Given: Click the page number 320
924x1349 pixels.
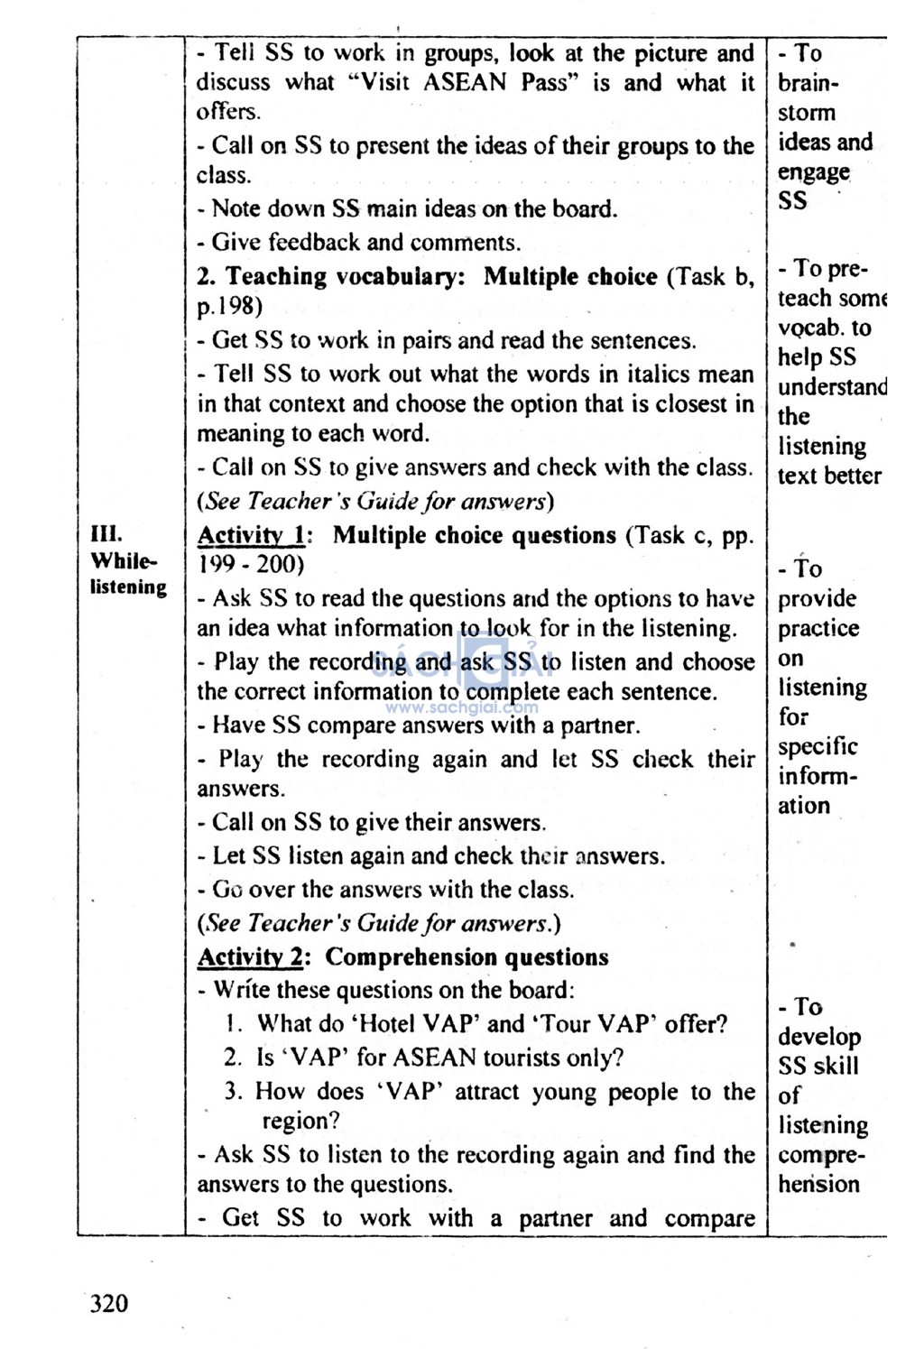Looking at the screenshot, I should point(109,1304).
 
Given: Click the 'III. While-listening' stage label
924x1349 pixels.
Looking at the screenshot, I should point(127,560).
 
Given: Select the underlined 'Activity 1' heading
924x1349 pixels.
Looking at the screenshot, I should point(251,536).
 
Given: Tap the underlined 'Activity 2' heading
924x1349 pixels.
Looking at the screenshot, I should point(251,957).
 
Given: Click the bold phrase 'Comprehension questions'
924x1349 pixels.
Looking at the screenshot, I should point(467,957).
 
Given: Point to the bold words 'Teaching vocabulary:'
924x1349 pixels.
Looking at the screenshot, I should point(345,277).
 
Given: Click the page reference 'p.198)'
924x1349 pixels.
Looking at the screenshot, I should point(229,307).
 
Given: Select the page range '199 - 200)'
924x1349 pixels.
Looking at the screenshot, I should point(251,566).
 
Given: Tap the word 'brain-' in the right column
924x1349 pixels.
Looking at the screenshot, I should point(808,84).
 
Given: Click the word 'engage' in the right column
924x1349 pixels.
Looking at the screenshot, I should point(814,171).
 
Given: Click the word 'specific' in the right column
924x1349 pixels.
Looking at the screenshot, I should point(818,747).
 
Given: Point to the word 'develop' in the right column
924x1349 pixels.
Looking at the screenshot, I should point(819,1037).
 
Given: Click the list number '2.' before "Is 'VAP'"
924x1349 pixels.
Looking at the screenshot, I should point(233,1058).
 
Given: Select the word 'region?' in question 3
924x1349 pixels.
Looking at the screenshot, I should point(300,1122).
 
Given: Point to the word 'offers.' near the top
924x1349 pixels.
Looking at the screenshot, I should point(228,112).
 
